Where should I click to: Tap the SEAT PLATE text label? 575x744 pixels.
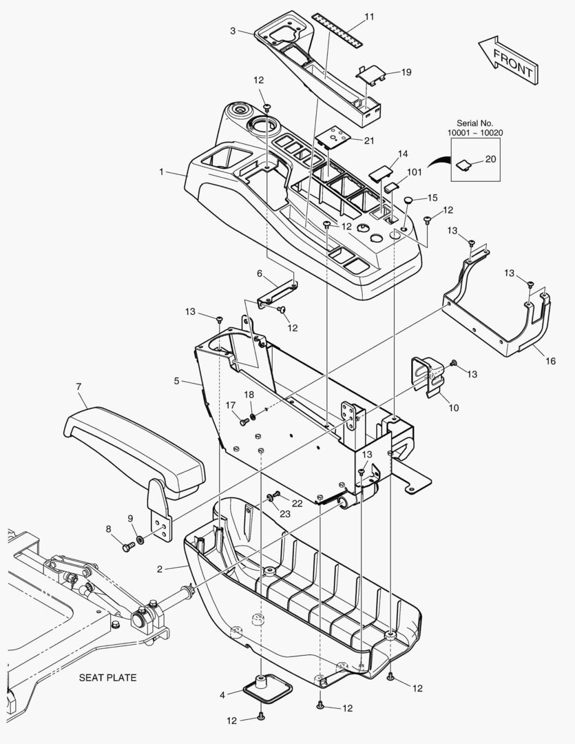pos(107,677)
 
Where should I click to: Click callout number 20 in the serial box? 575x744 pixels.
pos(490,159)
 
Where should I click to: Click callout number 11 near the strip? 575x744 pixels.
pos(369,16)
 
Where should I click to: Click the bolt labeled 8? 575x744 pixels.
pos(127,548)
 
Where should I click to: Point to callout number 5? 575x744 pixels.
pos(177,380)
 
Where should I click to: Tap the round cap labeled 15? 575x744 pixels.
pos(408,200)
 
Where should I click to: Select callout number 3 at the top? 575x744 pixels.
pos(233,30)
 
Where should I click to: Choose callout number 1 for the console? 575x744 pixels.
pos(161,172)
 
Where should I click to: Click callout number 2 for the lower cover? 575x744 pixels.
pos(159,569)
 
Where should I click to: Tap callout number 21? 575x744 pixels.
pos(369,141)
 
